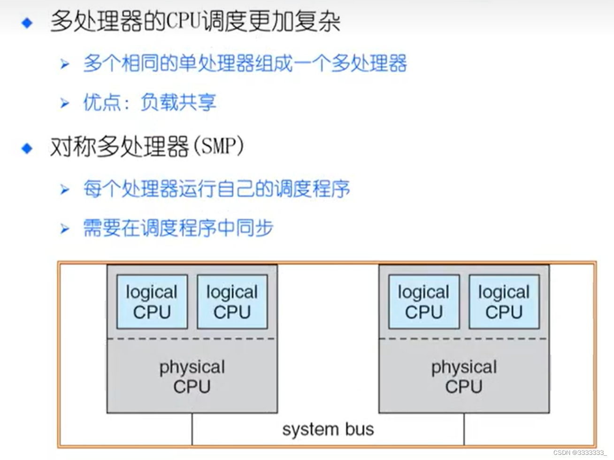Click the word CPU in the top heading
[x=183, y=22]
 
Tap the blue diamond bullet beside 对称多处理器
[x=27, y=148]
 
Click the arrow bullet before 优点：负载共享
[x=65, y=103]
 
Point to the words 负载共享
[x=178, y=102]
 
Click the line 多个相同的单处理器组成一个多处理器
[x=245, y=64]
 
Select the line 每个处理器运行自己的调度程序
[x=216, y=189]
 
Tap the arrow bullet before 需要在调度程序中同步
[x=65, y=229]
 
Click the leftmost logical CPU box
[x=152, y=302]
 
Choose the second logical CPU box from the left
[x=232, y=302]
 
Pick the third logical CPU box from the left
[x=424, y=302]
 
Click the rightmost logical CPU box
[x=504, y=302]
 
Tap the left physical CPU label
[x=192, y=376]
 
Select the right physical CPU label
[x=464, y=376]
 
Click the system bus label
[x=328, y=429]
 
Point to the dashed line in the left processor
[x=192, y=338]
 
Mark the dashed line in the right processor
[x=464, y=338]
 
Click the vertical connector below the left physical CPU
[x=192, y=429]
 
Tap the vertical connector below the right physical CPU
[x=464, y=429]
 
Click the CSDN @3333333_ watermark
[x=579, y=452]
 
